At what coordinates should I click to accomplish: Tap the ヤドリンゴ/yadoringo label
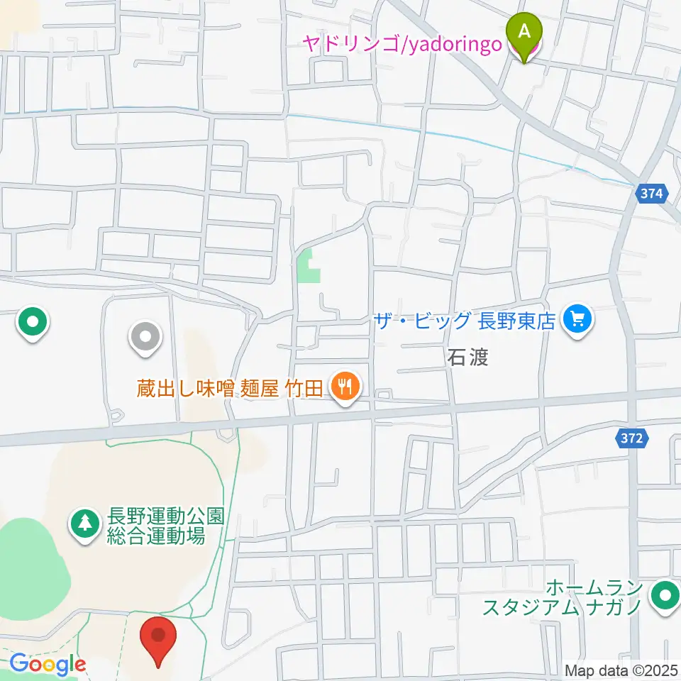[x=402, y=44]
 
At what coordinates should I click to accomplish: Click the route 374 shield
[x=650, y=193]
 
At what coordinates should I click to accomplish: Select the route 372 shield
[x=630, y=438]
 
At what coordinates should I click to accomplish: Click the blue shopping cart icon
[x=577, y=321]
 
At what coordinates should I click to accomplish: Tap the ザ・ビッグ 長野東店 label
[x=465, y=321]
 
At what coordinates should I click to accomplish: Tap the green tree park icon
[x=85, y=525]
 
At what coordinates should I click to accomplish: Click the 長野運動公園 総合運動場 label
[x=156, y=526]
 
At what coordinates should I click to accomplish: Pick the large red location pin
[x=157, y=638]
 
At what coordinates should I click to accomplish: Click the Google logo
[x=48, y=665]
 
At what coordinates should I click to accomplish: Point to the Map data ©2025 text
[x=621, y=670]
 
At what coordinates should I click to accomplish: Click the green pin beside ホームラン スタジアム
[x=665, y=596]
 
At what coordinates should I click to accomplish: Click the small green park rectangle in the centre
[x=307, y=266]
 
